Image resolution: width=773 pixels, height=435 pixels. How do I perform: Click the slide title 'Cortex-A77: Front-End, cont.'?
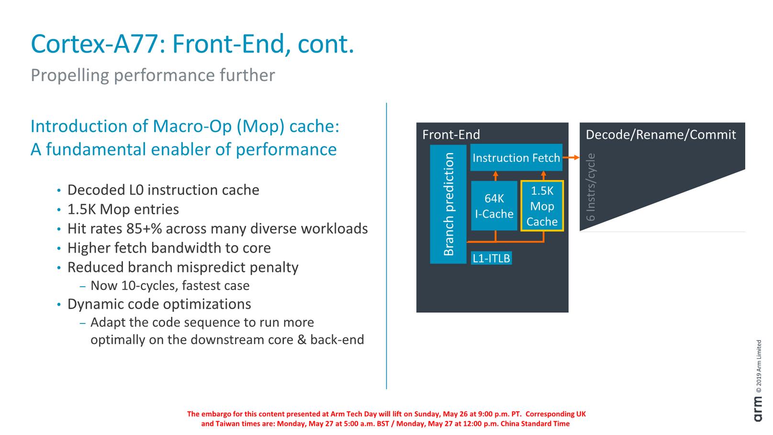point(192,44)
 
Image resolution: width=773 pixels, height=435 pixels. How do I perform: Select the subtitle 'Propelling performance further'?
point(153,75)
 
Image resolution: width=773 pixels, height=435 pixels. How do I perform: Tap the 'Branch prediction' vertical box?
point(448,204)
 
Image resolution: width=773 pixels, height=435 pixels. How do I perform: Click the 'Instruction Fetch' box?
point(516,158)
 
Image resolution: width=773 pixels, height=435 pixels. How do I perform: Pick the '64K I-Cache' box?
point(494,206)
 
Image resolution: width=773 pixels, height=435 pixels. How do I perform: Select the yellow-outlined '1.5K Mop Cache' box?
point(542,206)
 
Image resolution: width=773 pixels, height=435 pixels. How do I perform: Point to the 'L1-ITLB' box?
point(491,258)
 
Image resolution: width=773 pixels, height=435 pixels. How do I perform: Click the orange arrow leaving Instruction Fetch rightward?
point(571,157)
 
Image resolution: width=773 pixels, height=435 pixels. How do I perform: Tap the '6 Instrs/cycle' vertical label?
point(591,187)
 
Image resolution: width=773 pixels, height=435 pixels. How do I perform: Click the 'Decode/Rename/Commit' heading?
point(661,134)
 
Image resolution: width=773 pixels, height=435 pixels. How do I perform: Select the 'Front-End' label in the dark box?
point(451,135)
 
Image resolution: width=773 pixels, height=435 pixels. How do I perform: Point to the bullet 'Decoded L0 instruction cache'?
point(163,190)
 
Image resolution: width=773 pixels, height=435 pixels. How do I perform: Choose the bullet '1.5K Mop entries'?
point(123,209)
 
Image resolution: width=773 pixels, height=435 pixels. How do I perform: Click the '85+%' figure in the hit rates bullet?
point(144,229)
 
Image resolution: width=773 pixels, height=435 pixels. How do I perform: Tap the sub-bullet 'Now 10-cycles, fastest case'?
point(170,286)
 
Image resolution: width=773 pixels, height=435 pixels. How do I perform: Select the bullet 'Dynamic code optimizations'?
point(159,304)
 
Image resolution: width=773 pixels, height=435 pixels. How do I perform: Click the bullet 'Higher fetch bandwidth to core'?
point(169,248)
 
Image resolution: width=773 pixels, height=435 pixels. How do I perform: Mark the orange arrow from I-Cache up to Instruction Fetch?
point(495,176)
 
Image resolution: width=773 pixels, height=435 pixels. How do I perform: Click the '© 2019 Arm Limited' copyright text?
point(758,366)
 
